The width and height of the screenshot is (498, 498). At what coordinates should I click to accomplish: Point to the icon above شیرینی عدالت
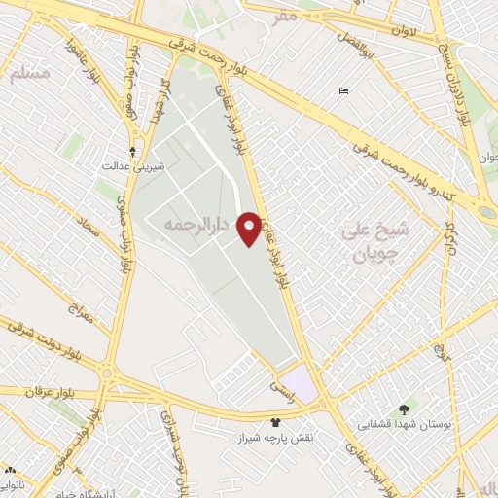(x=134, y=151)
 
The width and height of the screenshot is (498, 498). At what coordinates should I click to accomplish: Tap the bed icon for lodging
(x=343, y=91)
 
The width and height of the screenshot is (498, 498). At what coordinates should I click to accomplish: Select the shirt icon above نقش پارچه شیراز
(x=275, y=421)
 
